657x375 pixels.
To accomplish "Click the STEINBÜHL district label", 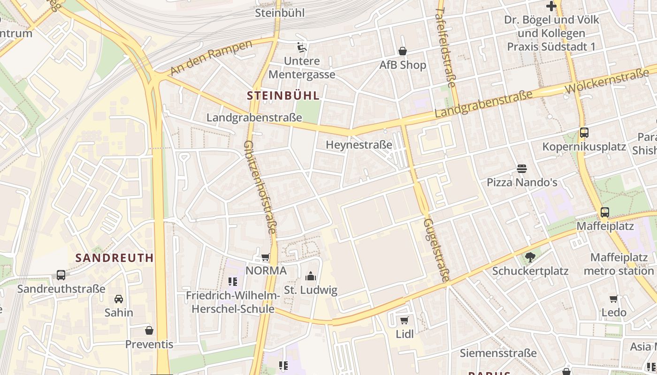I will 283,96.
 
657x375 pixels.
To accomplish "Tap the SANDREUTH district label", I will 115,257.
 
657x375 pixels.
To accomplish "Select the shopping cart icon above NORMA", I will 266,257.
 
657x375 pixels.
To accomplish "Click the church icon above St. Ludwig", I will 310,276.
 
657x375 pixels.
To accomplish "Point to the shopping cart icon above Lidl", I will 405,321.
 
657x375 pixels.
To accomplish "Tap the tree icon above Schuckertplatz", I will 530,257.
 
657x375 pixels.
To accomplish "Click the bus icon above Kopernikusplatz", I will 584,133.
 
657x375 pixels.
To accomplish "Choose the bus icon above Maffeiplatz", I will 605,212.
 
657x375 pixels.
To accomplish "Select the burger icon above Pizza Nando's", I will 522,168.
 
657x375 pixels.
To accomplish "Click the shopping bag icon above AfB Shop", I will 403,51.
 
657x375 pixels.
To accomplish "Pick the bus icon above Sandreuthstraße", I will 61,275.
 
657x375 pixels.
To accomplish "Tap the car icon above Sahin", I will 119,299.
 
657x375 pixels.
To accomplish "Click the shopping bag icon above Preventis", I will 149,330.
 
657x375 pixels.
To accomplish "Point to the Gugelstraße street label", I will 435,249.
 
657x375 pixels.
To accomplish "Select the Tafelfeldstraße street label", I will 446,47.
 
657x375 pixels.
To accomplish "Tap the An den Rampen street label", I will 211,58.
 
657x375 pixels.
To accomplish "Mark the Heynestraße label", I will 359,145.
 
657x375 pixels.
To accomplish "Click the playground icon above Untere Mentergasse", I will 302,47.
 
